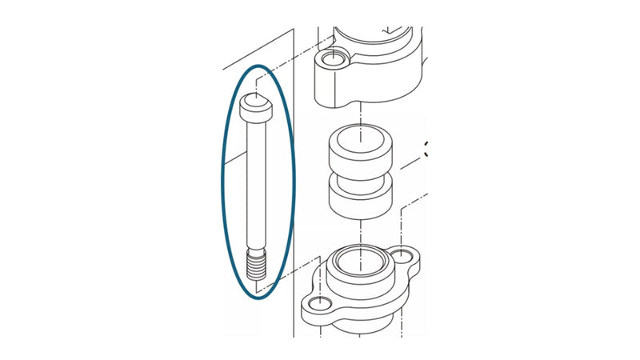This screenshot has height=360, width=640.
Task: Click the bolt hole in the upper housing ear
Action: tap(332, 61)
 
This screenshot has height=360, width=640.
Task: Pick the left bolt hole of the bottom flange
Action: tap(319, 303)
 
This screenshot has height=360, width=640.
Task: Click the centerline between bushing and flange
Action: tap(362, 232)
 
